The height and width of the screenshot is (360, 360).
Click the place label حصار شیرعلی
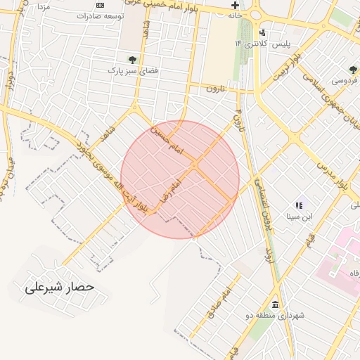[59, 288]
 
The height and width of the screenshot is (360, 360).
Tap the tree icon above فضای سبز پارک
[131, 60]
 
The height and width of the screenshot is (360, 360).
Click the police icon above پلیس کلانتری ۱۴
[263, 32]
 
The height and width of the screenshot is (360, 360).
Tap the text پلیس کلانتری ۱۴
[262, 44]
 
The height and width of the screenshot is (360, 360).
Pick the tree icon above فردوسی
[353, 70]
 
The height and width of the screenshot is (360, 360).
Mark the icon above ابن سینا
[299, 205]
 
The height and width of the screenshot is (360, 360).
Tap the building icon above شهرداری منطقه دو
[274, 304]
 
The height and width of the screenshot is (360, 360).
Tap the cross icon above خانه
[234, 4]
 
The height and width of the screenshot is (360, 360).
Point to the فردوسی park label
[345, 80]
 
